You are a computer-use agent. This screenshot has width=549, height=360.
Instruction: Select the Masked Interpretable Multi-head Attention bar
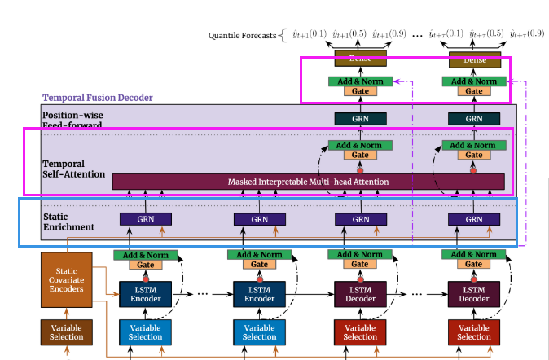[308, 181]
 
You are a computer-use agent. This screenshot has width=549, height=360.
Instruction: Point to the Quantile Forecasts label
[242, 35]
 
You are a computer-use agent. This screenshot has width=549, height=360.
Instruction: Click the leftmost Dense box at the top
[359, 59]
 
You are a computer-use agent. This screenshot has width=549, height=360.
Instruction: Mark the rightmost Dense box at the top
[473, 59]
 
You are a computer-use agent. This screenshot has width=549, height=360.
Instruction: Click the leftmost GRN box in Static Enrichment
[146, 219]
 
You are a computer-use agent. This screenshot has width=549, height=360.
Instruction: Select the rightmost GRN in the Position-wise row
[473, 119]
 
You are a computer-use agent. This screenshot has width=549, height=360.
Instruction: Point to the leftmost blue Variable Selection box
[146, 331]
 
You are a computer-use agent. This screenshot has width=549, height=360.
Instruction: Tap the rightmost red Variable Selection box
[473, 331]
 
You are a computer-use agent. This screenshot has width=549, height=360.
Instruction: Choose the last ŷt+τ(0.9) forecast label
[527, 33]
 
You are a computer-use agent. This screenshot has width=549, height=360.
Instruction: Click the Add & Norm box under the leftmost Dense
[359, 81]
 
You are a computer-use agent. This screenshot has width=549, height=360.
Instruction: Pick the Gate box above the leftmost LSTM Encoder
[146, 266]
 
